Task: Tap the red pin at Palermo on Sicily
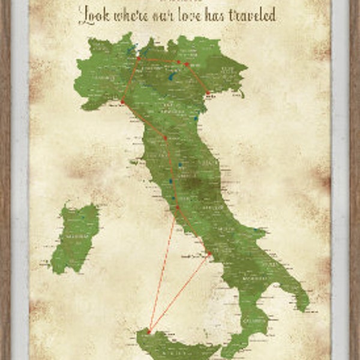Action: (149, 331)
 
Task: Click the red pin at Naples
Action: (209, 255)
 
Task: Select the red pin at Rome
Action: (178, 208)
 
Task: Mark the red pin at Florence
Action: (165, 137)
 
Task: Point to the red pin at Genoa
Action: (122, 102)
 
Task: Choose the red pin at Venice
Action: (208, 92)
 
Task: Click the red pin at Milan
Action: (139, 59)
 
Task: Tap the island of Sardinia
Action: (75, 237)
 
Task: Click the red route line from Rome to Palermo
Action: (163, 270)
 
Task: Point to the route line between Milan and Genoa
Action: (130, 80)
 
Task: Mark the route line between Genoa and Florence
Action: (144, 120)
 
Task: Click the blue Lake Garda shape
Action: (172, 76)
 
